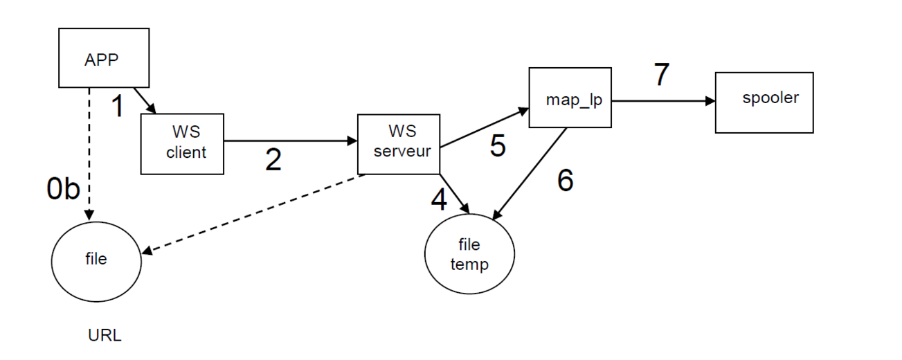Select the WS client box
(x=183, y=144)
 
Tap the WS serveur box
(x=399, y=144)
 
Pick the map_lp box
(x=570, y=98)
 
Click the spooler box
(x=764, y=102)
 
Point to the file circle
(x=96, y=258)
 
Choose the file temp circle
(x=469, y=255)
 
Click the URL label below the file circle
(x=105, y=336)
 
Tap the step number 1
(x=118, y=107)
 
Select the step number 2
(x=274, y=160)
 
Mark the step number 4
(x=439, y=200)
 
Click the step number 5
(x=498, y=145)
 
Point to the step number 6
(x=565, y=180)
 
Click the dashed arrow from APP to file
(x=88, y=152)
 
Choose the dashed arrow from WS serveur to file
(x=256, y=213)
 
